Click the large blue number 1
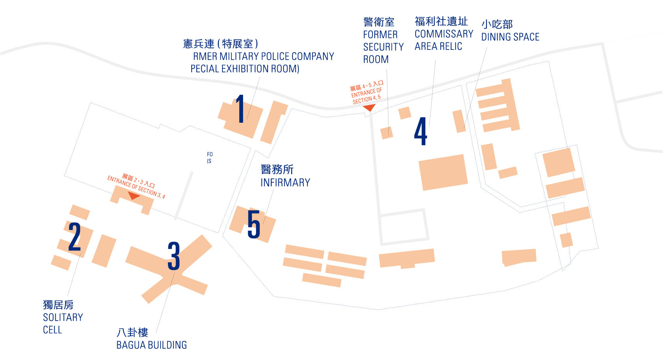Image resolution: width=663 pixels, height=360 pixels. pyautogui.click(x=240, y=109)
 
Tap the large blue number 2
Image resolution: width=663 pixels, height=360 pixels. pyautogui.click(x=74, y=236)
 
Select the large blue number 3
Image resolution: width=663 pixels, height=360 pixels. pyautogui.click(x=174, y=256)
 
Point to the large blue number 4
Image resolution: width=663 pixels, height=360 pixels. pyautogui.click(x=421, y=132)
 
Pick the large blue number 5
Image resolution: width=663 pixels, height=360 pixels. pyautogui.click(x=254, y=224)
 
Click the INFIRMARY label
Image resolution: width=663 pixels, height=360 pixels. pyautogui.click(x=285, y=183)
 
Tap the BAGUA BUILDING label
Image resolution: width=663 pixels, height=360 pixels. pyautogui.click(x=152, y=345)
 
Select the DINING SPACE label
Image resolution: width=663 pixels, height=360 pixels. pyautogui.click(x=510, y=37)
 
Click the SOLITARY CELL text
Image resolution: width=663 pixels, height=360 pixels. pyautogui.click(x=62, y=323)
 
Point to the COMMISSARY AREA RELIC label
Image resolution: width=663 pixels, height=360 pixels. pyautogui.click(x=444, y=40)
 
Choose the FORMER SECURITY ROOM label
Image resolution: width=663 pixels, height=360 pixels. pyautogui.click(x=383, y=47)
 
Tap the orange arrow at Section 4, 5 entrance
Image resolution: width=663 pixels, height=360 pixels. pyautogui.click(x=369, y=108)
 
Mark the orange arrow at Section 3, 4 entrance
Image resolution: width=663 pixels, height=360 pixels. pyautogui.click(x=134, y=196)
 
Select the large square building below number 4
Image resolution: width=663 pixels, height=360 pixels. pyautogui.click(x=443, y=172)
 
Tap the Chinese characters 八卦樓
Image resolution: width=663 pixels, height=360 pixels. pyautogui.click(x=132, y=332)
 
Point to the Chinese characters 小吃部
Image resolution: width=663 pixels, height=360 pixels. pyautogui.click(x=497, y=25)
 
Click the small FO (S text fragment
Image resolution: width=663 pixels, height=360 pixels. pyautogui.click(x=210, y=158)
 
